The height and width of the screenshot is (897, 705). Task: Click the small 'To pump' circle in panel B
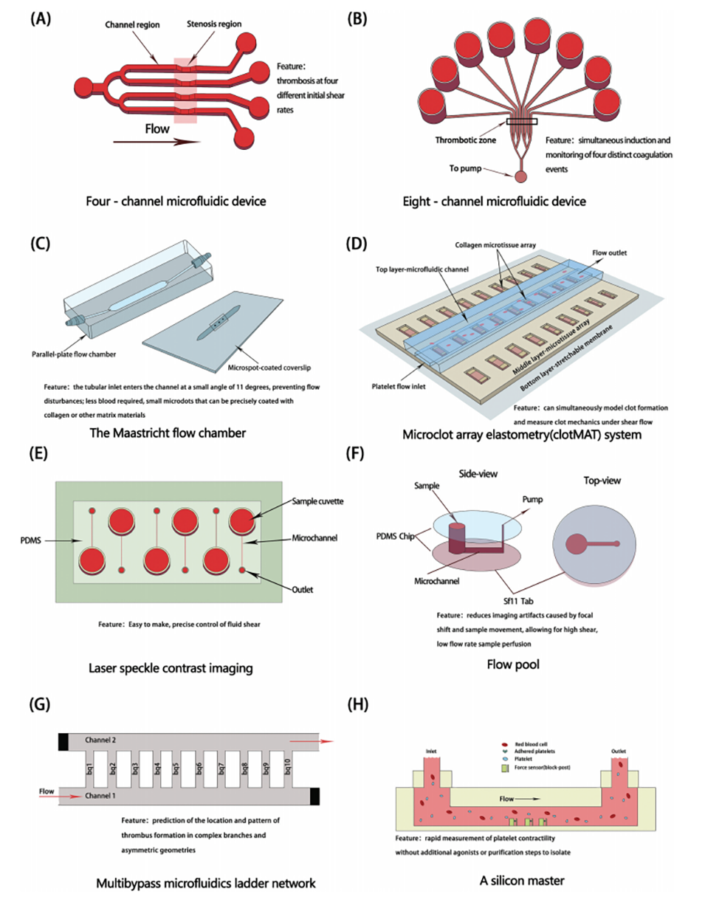[520, 178]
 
